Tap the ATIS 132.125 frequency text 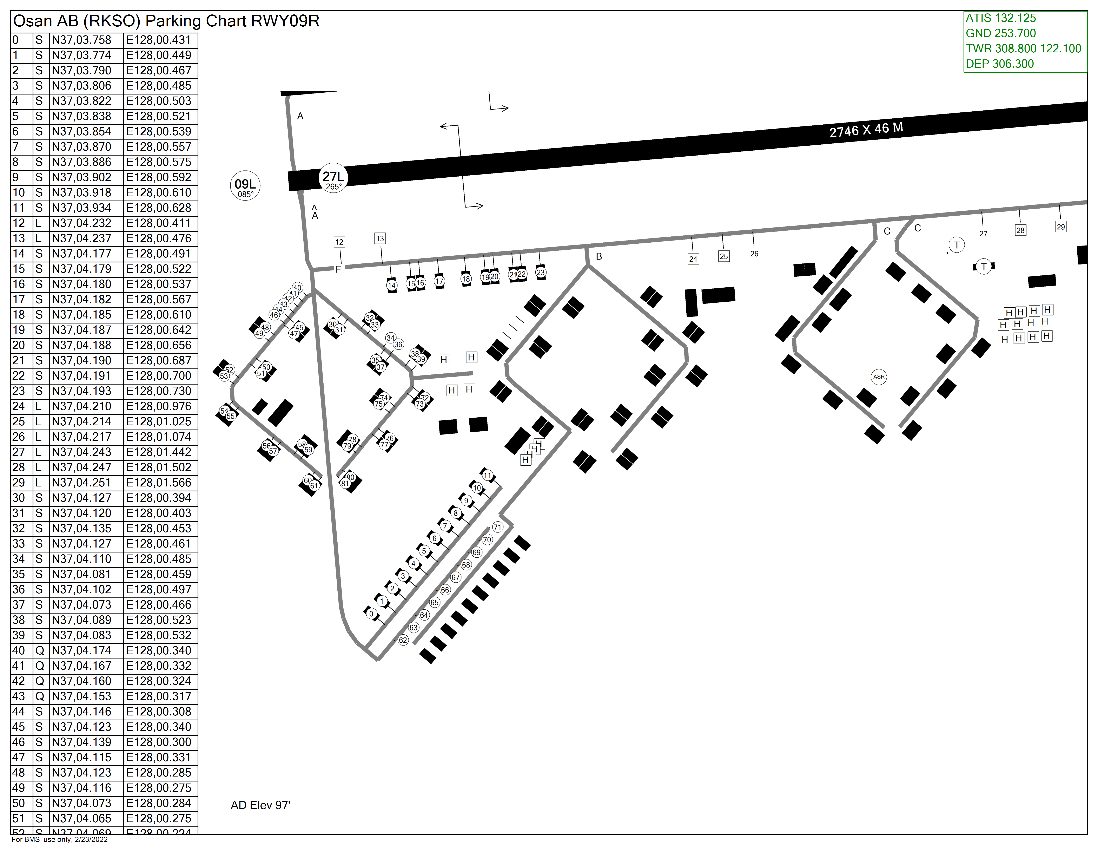click(x=1000, y=18)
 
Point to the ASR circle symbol click(x=879, y=377)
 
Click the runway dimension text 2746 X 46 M click(x=866, y=130)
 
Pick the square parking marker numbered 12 click(x=339, y=242)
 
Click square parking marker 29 click(x=1061, y=227)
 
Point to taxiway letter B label click(x=599, y=256)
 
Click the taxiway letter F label click(x=338, y=269)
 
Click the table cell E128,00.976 click(x=159, y=406)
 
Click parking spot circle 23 click(x=541, y=273)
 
